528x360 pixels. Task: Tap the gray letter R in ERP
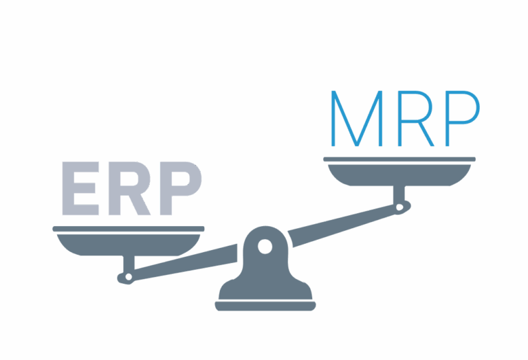[131, 188]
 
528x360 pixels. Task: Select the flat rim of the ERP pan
[129, 229]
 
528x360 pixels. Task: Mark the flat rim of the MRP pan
[399, 159]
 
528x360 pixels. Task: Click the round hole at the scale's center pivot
[265, 246]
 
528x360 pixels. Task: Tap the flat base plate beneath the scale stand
[265, 305]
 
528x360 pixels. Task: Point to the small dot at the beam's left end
[126, 278]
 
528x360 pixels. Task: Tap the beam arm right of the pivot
[344, 222]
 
